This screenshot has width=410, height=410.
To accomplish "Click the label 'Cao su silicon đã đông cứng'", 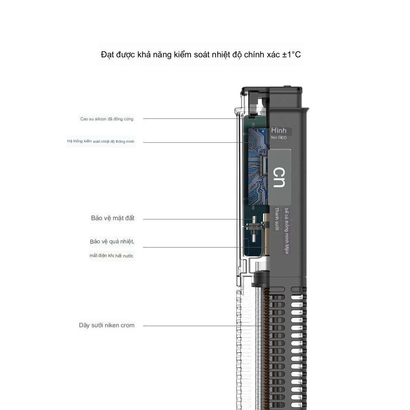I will [x=107, y=119].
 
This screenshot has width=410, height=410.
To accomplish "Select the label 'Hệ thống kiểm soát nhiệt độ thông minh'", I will [x=101, y=142].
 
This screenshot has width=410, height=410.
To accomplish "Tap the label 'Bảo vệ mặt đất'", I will [x=112, y=218].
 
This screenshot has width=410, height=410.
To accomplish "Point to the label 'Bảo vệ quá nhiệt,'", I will [x=112, y=242].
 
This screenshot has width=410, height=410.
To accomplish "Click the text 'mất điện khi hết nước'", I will [x=111, y=256].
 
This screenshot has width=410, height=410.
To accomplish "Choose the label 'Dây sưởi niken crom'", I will [x=107, y=325].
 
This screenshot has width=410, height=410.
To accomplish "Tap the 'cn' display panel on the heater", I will [x=279, y=177].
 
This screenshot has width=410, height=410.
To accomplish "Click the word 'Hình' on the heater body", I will [x=279, y=130].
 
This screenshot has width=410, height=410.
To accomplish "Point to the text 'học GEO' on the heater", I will [x=279, y=137].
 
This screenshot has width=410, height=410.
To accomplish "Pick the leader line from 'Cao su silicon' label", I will [x=190, y=119].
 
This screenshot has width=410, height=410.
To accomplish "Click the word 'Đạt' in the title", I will [x=108, y=55].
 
